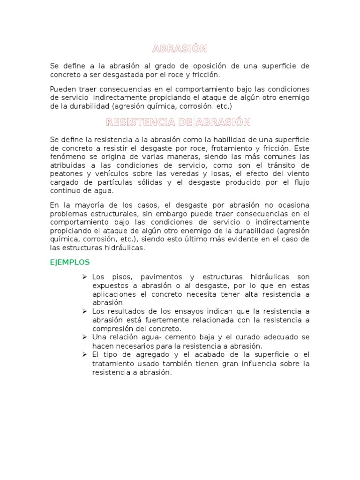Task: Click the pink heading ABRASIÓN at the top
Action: (180, 49)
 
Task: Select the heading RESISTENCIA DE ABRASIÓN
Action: (179, 123)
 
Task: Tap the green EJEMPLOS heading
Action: (70, 262)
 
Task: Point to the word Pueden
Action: (62, 89)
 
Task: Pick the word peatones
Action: (66, 174)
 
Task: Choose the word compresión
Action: (112, 328)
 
